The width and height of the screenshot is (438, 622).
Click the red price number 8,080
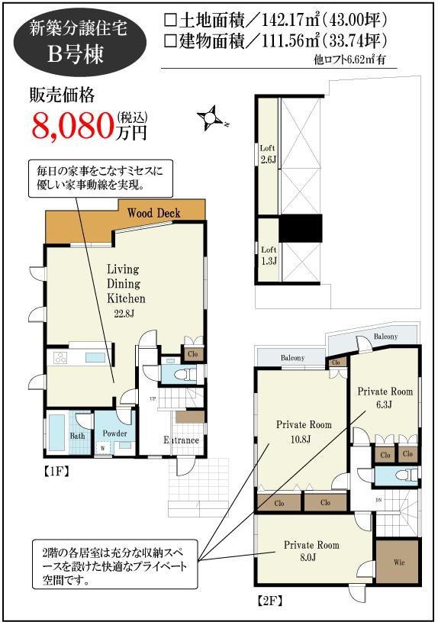click(72, 125)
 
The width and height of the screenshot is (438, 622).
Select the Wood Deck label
click(153, 213)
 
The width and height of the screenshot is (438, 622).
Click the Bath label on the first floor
click(78, 436)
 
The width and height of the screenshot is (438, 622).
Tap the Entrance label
click(182, 440)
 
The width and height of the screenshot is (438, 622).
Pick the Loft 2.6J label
click(267, 153)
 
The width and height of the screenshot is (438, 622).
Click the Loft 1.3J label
click(268, 255)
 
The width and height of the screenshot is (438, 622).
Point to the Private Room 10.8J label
click(304, 432)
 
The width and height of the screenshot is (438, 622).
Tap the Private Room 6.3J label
click(385, 398)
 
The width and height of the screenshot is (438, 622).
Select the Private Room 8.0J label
click(311, 551)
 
